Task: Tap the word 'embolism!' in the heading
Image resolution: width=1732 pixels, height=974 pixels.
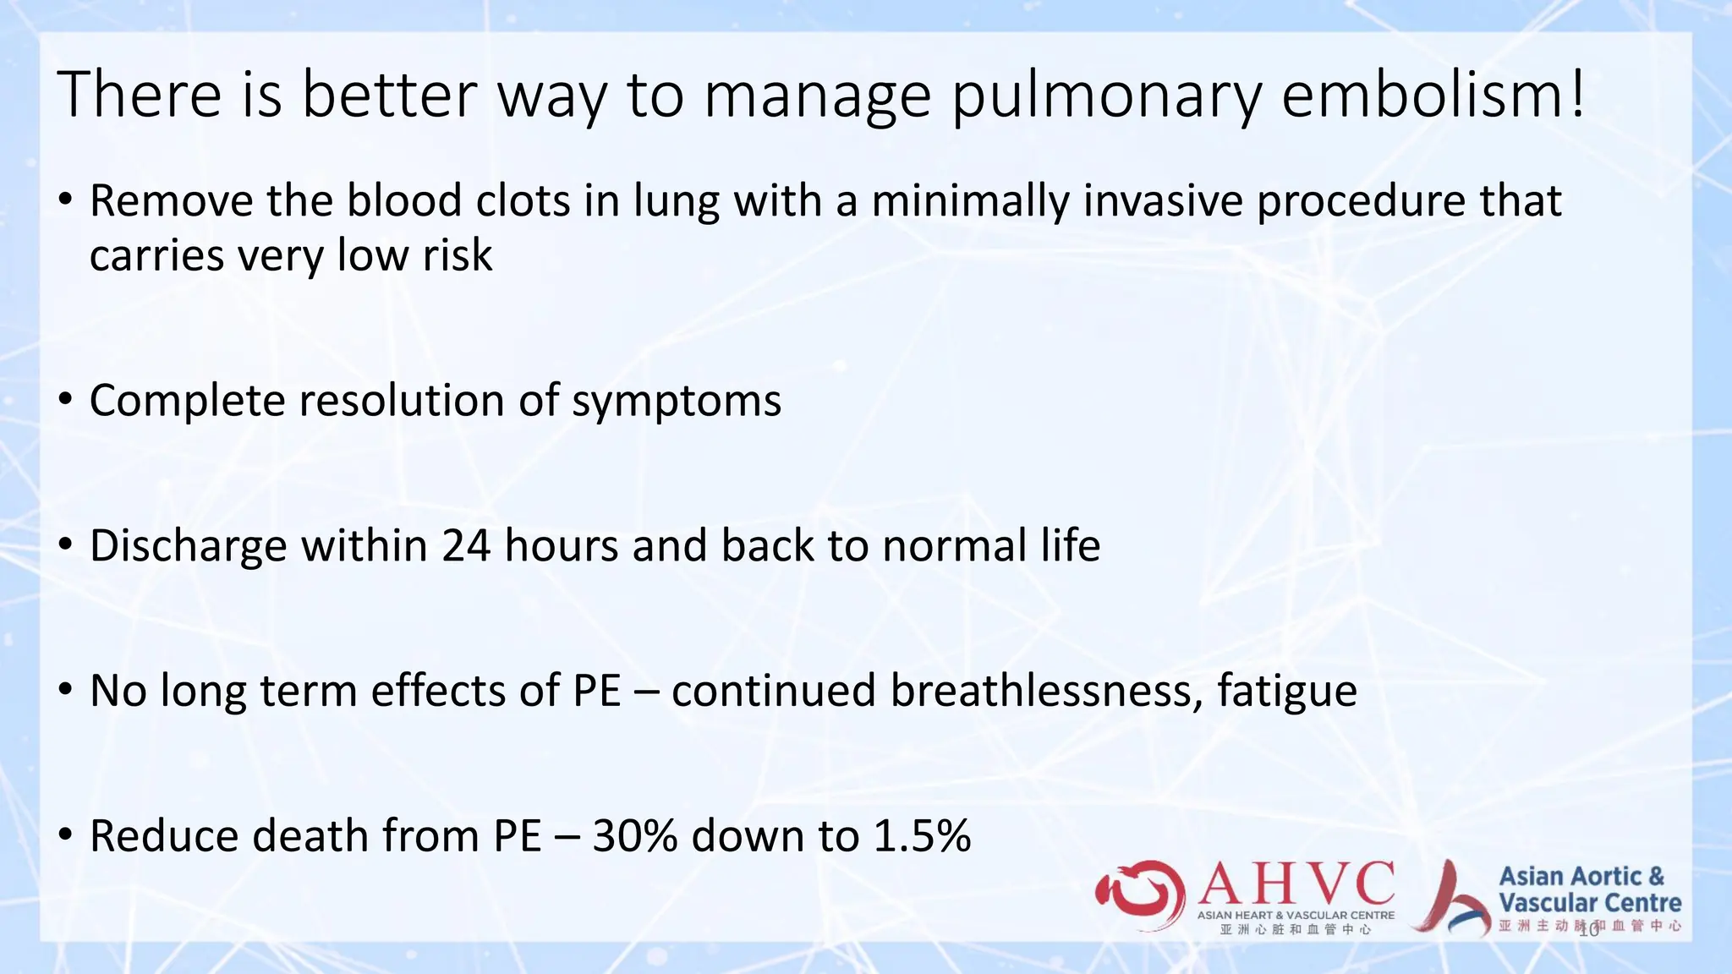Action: tap(1434, 94)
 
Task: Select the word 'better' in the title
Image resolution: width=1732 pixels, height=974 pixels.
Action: tap(389, 94)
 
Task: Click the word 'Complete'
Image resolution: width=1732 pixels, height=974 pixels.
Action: tap(187, 401)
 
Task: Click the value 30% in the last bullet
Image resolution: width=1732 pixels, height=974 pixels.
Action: tap(635, 836)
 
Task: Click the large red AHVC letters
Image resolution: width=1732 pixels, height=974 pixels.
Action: tap(1296, 884)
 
